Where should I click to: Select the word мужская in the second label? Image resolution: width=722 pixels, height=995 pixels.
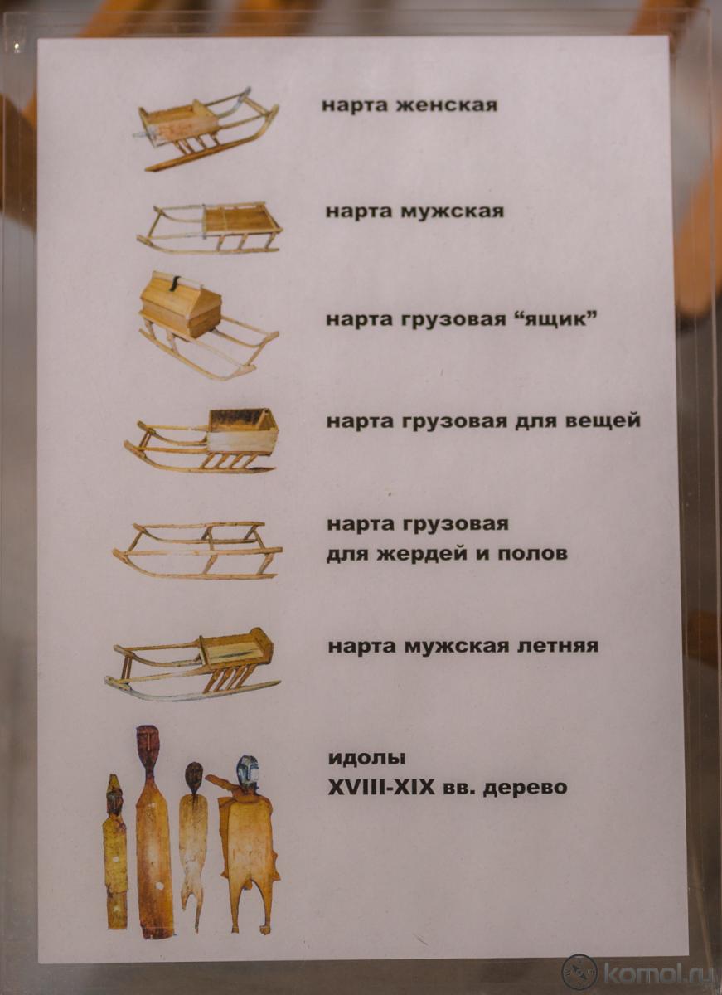[452, 211]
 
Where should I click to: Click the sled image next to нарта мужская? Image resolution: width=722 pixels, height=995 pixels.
[210, 228]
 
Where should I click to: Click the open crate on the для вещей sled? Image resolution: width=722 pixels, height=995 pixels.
[243, 430]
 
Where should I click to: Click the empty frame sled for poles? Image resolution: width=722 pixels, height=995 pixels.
[197, 551]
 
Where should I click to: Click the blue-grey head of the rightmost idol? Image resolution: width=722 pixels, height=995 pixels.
[245, 772]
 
